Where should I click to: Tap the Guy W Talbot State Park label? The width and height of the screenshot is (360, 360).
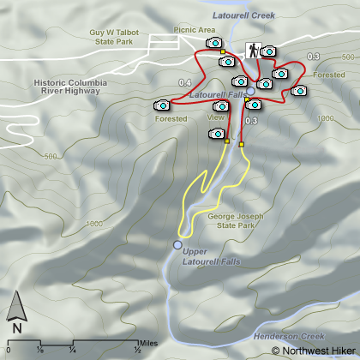pos(114,35)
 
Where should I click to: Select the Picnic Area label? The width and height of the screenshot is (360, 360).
pos(194,30)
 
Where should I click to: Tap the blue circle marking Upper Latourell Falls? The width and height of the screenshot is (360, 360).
pos(177,245)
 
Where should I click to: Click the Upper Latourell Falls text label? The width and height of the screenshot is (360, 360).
pos(213,255)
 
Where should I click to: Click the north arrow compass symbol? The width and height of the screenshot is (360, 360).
pos(16,312)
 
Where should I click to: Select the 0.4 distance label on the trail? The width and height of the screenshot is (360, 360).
pos(185,82)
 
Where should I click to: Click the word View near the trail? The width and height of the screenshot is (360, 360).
pos(216,117)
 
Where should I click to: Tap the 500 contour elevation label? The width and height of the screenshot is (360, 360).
pos(51,157)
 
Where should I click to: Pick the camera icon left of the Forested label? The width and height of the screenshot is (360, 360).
pos(160,105)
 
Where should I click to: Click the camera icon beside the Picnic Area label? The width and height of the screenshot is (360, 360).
pos(214,42)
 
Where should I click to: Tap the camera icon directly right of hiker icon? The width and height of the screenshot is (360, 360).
pos(268,52)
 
